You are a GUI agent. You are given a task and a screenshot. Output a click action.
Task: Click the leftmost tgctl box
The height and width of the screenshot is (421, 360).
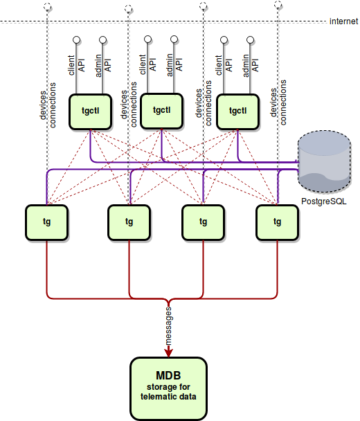[x=90, y=111]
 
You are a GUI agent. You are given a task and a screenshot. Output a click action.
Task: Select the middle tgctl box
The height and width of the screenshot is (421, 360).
[x=161, y=111]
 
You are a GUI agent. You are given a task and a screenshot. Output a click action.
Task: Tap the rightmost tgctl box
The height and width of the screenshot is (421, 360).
[x=238, y=111]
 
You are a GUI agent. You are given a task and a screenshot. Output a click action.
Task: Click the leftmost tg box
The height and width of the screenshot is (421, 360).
[x=46, y=222]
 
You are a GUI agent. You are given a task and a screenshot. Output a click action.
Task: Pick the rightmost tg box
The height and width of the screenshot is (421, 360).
[x=278, y=222]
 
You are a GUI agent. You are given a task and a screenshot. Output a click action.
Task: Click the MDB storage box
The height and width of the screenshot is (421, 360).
[x=169, y=388]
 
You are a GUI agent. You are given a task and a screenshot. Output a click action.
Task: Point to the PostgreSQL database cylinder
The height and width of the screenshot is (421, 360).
[x=324, y=161]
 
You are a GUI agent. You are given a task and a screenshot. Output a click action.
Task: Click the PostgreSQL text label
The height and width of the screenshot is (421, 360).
[x=324, y=201]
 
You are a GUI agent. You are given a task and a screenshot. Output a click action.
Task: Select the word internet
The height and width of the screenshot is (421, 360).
[x=343, y=21]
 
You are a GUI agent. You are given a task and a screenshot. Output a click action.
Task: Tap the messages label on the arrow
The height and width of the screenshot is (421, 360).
[x=168, y=326]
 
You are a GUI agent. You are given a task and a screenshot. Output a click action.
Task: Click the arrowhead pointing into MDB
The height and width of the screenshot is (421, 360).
[x=169, y=352]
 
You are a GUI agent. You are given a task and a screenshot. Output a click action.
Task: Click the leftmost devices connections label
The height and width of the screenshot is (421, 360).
[x=48, y=105]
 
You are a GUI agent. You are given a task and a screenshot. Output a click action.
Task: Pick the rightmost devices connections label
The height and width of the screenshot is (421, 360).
[x=278, y=102]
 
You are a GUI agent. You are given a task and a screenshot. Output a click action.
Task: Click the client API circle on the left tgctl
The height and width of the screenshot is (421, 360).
[x=77, y=40]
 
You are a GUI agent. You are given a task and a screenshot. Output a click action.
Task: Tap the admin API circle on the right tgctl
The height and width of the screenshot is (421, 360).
[x=250, y=40]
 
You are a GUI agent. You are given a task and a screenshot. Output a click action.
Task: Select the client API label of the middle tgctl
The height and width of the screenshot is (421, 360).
[x=147, y=64]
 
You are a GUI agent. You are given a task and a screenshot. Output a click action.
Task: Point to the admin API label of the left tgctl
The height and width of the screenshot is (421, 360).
[x=103, y=66]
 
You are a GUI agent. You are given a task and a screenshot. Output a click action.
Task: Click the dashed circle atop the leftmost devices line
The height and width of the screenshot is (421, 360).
[x=48, y=7]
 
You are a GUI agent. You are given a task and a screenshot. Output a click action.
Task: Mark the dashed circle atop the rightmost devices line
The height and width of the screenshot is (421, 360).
[x=278, y=5]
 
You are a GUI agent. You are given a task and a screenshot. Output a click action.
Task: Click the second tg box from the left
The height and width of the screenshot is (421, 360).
[x=129, y=222]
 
